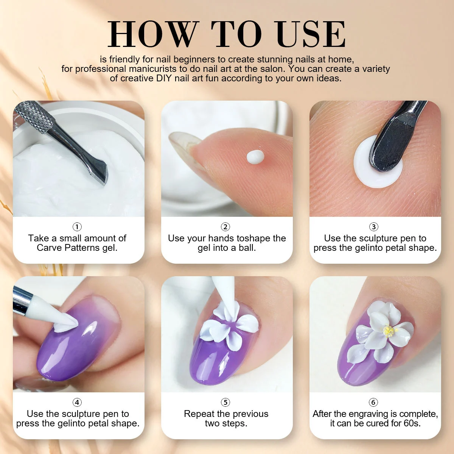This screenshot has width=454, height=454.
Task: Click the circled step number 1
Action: [x=77, y=227]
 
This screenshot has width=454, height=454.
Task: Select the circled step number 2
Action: [x=225, y=227]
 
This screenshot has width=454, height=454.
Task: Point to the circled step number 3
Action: [x=374, y=227]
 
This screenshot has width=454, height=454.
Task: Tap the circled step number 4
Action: [x=77, y=402]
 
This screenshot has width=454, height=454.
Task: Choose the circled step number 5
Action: [x=225, y=402]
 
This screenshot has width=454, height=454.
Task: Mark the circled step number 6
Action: [x=374, y=402]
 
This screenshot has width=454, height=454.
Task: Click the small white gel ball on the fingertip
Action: [x=255, y=156]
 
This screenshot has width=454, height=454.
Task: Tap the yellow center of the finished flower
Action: [x=389, y=331]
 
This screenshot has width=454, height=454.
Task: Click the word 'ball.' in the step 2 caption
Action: [x=247, y=248]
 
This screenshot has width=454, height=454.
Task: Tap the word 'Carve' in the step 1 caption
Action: [x=49, y=248]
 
